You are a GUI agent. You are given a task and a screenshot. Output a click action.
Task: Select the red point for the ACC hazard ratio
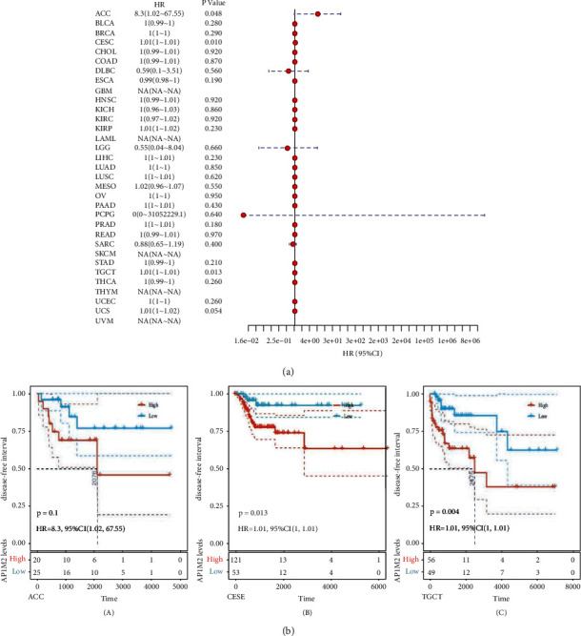pyautogui.click(x=317, y=15)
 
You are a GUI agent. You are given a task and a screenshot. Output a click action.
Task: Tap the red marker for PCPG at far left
pyautogui.click(x=244, y=216)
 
